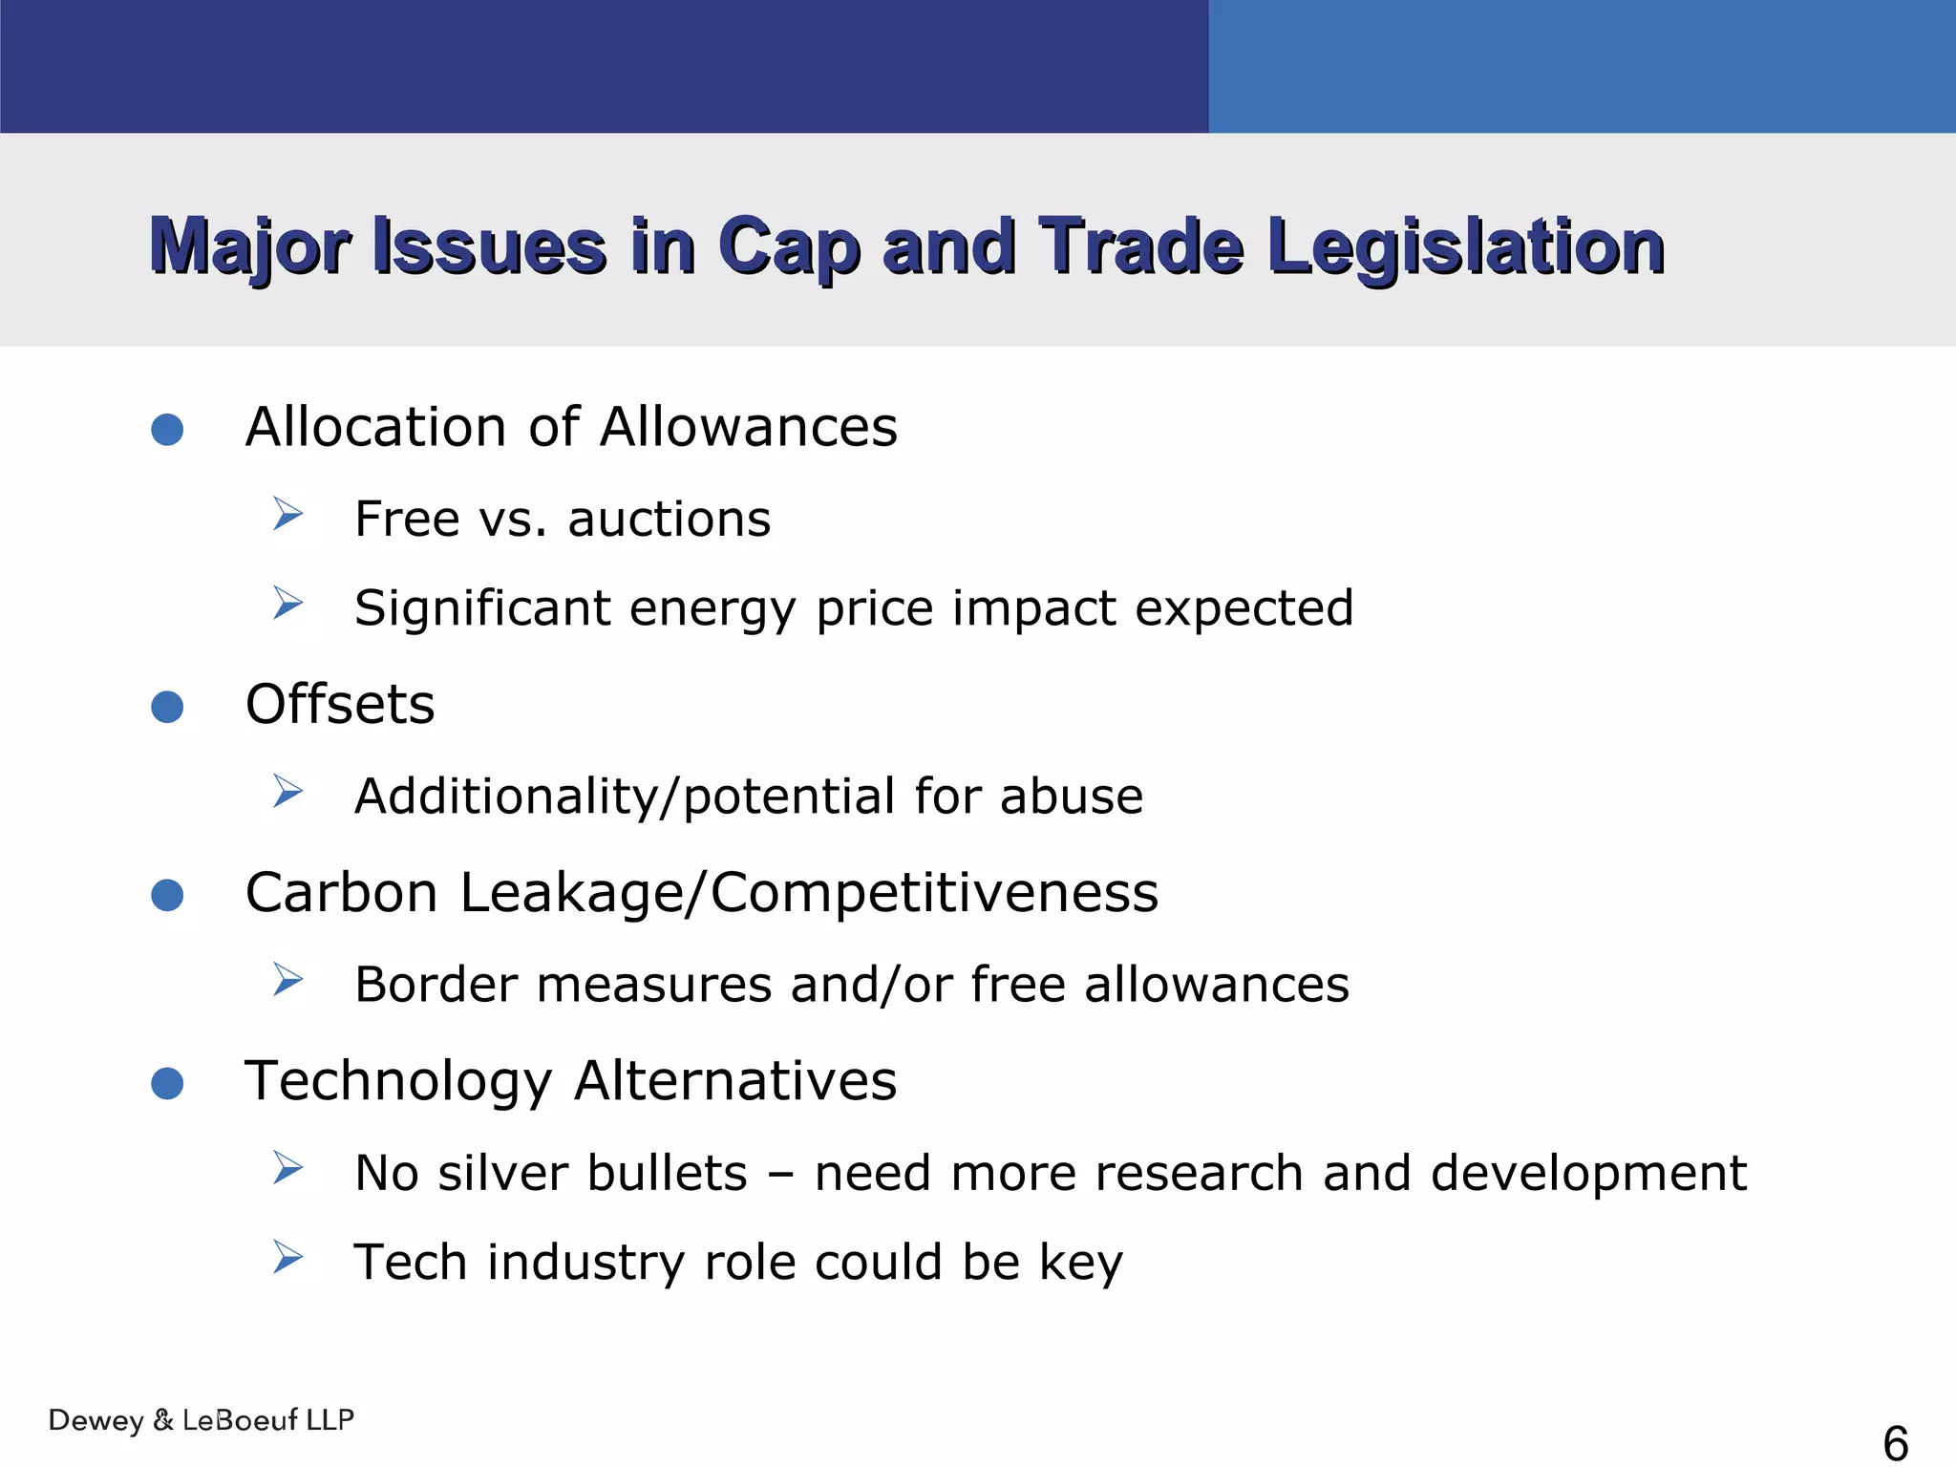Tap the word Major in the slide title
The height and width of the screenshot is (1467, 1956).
250,247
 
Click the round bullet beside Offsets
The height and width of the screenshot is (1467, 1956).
167,707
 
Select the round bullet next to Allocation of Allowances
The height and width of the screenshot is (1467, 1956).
167,429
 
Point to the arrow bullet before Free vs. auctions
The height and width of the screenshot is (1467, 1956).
287,514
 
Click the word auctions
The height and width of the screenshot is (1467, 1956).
669,520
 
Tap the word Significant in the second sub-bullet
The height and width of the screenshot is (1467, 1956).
481,608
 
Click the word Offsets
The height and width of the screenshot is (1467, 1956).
340,705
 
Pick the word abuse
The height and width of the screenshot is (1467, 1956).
1071,797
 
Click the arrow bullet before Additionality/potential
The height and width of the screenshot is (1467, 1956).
287,791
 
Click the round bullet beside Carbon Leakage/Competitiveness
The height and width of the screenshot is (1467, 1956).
167,895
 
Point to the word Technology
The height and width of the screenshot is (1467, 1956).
398,1081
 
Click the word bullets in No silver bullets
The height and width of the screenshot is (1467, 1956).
667,1173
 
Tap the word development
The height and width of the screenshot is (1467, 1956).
1588,1173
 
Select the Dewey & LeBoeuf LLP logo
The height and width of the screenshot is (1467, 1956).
202,1420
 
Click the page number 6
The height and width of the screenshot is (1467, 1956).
1895,1442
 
